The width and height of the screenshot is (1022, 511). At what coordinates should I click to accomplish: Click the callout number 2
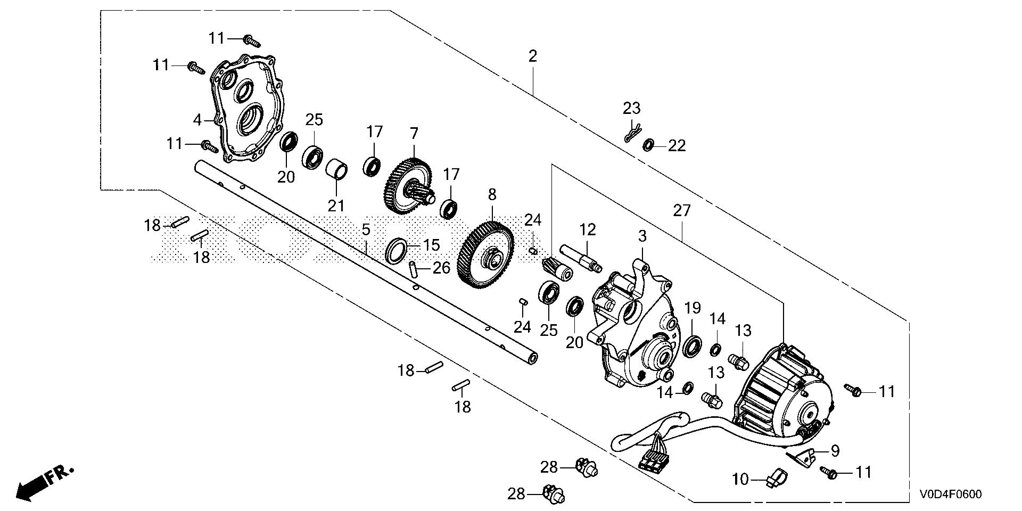[533, 56]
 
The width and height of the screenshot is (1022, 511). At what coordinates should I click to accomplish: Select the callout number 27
[681, 211]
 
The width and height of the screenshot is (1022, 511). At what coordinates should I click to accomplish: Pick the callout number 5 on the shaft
[365, 230]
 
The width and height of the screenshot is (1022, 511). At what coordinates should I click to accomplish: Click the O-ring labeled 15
[395, 250]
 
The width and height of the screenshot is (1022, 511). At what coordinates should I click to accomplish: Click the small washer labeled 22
[649, 145]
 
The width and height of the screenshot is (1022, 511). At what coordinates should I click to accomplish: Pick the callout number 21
[336, 205]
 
